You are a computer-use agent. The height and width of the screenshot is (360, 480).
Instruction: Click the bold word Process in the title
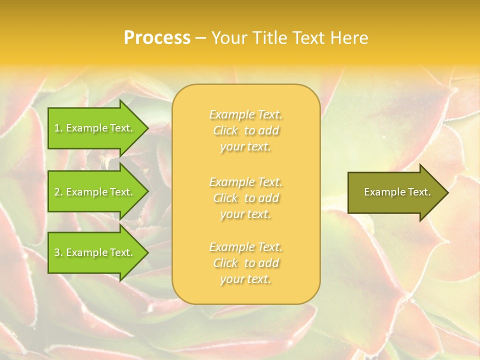point(157,38)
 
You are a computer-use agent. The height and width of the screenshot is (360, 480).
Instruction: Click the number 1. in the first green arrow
point(58,128)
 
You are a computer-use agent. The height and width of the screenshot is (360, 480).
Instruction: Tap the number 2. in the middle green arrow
point(58,192)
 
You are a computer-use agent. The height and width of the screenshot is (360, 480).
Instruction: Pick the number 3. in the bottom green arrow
point(58,252)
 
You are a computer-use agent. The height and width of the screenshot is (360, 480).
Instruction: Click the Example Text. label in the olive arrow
point(397,192)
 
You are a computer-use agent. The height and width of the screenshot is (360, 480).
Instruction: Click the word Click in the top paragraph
point(226,130)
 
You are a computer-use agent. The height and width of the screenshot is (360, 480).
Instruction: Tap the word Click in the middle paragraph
point(226,198)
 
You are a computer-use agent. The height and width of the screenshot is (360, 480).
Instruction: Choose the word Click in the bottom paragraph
point(226,263)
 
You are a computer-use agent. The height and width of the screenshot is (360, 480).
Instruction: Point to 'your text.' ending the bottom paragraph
point(245,279)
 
